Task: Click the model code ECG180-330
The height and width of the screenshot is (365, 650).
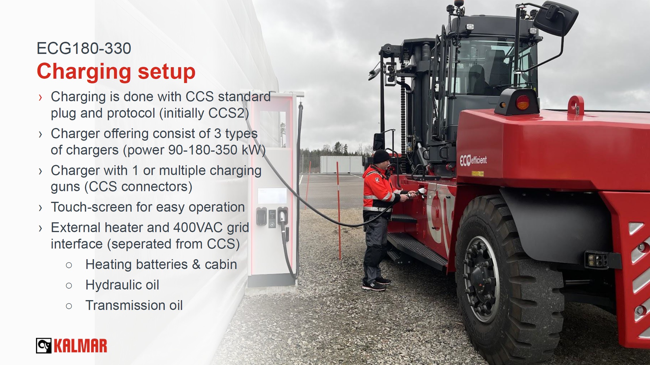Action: click(84, 48)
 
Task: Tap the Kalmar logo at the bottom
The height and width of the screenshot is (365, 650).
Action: click(71, 346)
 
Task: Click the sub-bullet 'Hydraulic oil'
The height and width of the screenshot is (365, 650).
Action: click(122, 285)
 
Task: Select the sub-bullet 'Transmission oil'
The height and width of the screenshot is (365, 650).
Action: click(134, 305)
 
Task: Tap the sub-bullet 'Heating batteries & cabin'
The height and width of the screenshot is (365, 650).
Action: click(161, 264)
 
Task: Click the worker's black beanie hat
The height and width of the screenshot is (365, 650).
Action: click(381, 157)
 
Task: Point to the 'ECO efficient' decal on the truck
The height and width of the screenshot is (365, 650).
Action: click(473, 160)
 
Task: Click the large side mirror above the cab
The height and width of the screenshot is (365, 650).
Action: click(556, 17)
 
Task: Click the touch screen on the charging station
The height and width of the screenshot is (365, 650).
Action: click(272, 195)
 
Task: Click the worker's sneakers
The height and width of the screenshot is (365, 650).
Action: click(376, 284)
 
